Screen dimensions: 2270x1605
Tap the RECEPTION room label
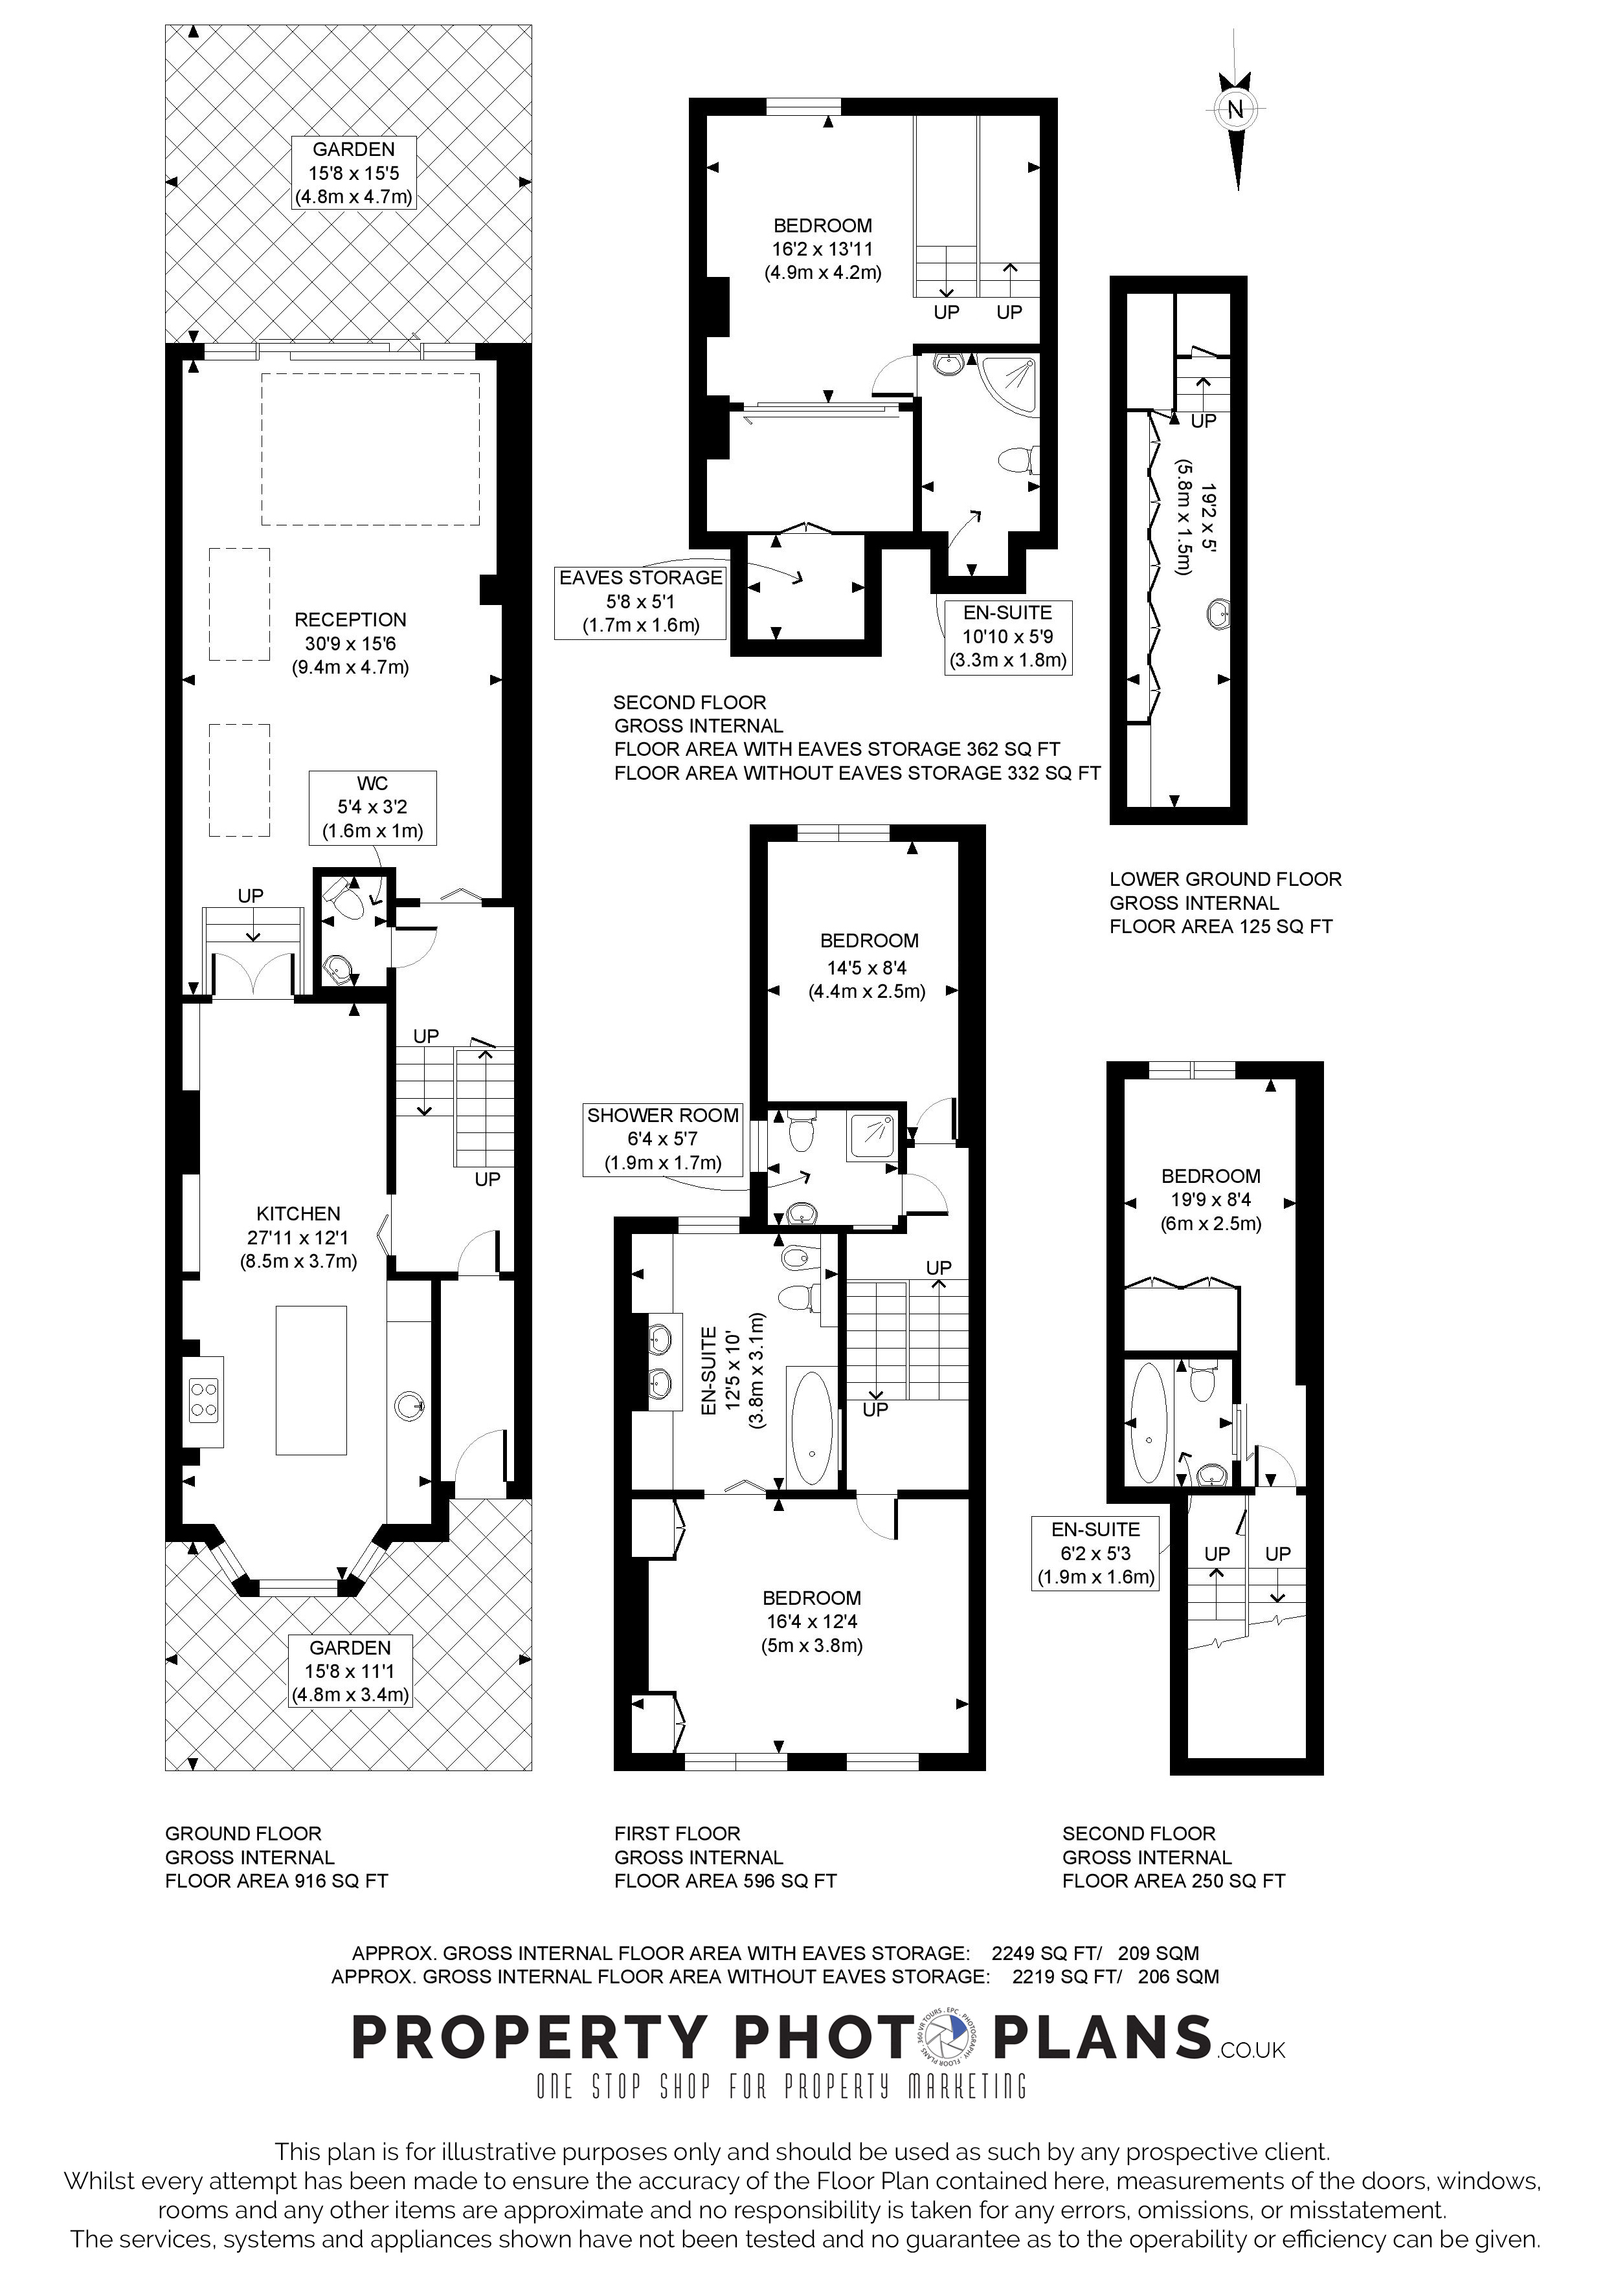(350, 620)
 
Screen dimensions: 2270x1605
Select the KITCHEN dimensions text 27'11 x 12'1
(298, 1237)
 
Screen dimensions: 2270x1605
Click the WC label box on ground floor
(372, 807)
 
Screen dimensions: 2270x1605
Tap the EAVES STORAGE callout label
(641, 601)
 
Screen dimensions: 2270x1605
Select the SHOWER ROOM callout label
(662, 1139)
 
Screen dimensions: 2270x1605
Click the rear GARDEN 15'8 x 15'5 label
(353, 173)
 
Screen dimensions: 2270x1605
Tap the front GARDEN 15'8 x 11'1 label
(350, 1671)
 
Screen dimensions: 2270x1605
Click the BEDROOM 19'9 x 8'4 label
(1211, 1199)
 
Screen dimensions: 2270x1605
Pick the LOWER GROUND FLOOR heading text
(1224, 879)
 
